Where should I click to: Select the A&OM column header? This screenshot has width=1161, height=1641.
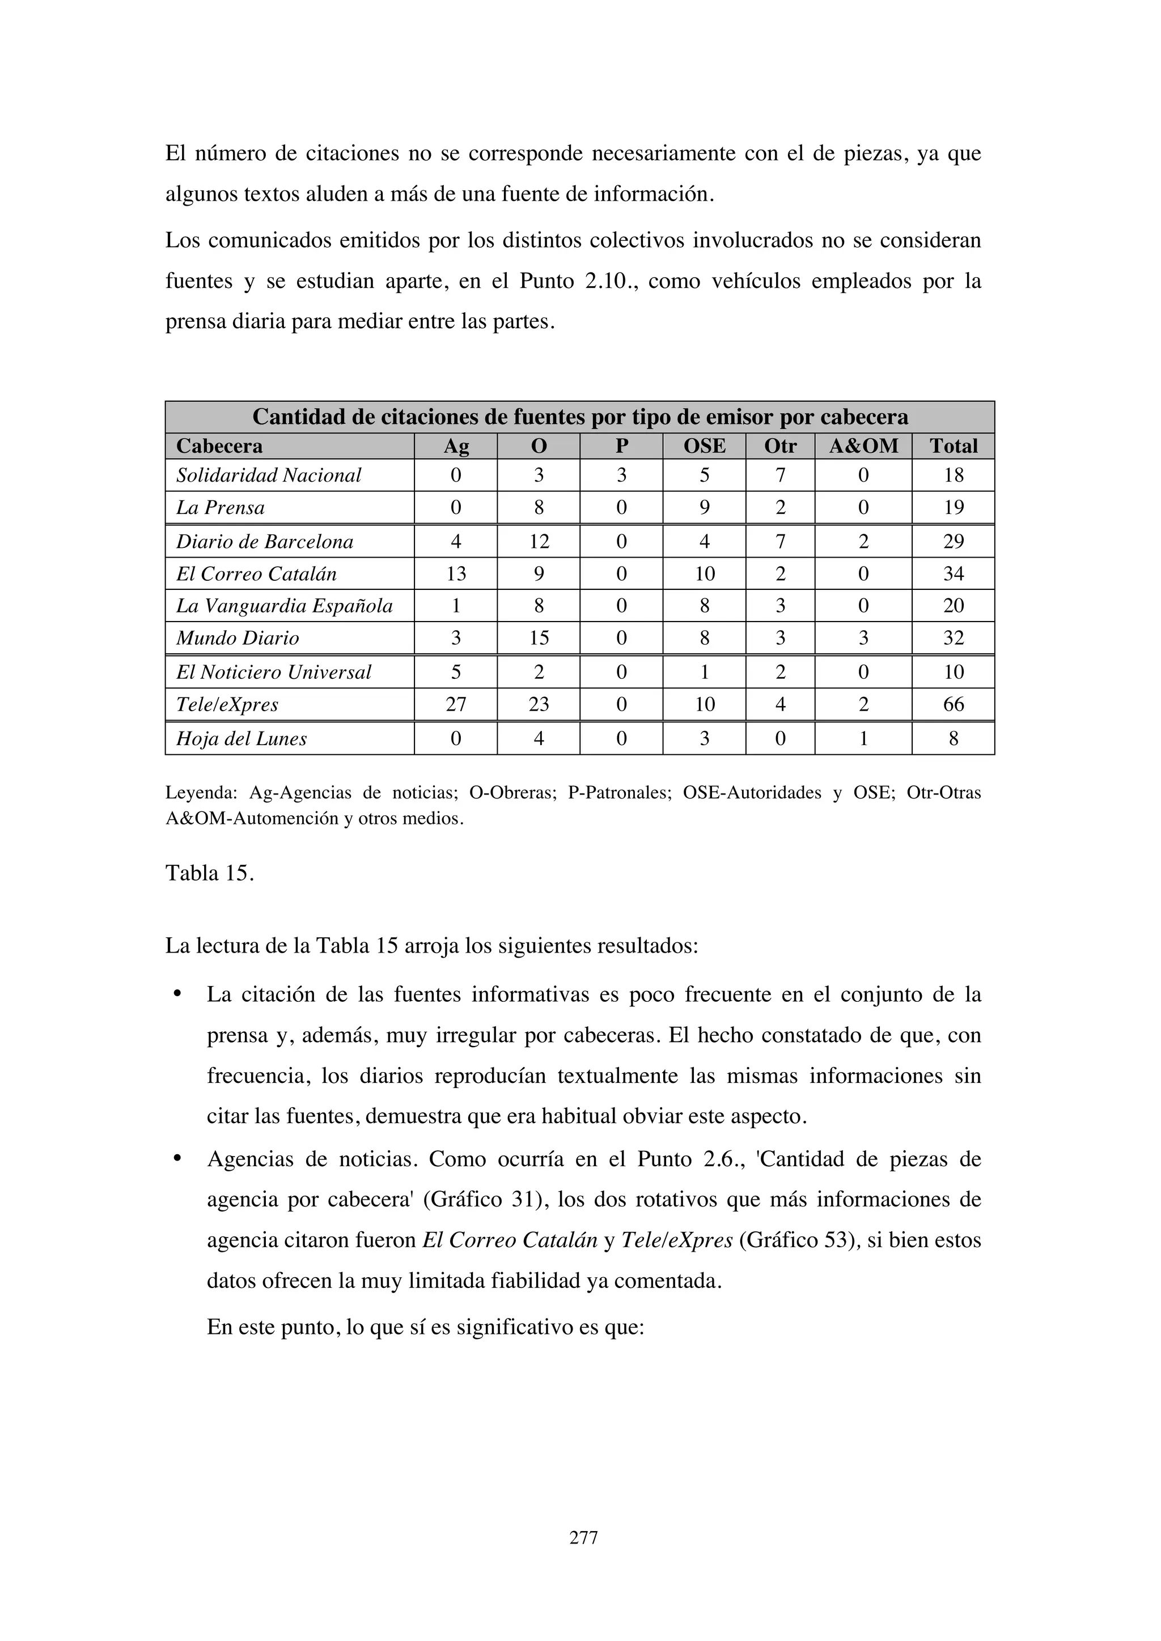[863, 446]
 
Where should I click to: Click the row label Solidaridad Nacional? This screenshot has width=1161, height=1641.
[269, 475]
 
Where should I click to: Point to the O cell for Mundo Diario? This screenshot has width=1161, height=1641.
[539, 637]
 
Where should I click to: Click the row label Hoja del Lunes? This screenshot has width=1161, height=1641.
[241, 738]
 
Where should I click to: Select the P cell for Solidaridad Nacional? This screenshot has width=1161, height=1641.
[621, 475]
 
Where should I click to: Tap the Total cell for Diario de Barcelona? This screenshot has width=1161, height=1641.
[953, 542]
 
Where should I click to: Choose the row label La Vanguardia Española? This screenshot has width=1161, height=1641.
[285, 606]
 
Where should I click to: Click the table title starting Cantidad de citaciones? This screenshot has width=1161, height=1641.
[580, 416]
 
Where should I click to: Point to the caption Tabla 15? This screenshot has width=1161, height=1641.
[209, 873]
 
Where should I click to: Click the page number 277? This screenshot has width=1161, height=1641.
[583, 1537]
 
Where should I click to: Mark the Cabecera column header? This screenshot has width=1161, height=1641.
[219, 446]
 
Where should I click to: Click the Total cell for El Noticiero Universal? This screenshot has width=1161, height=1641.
[953, 672]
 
